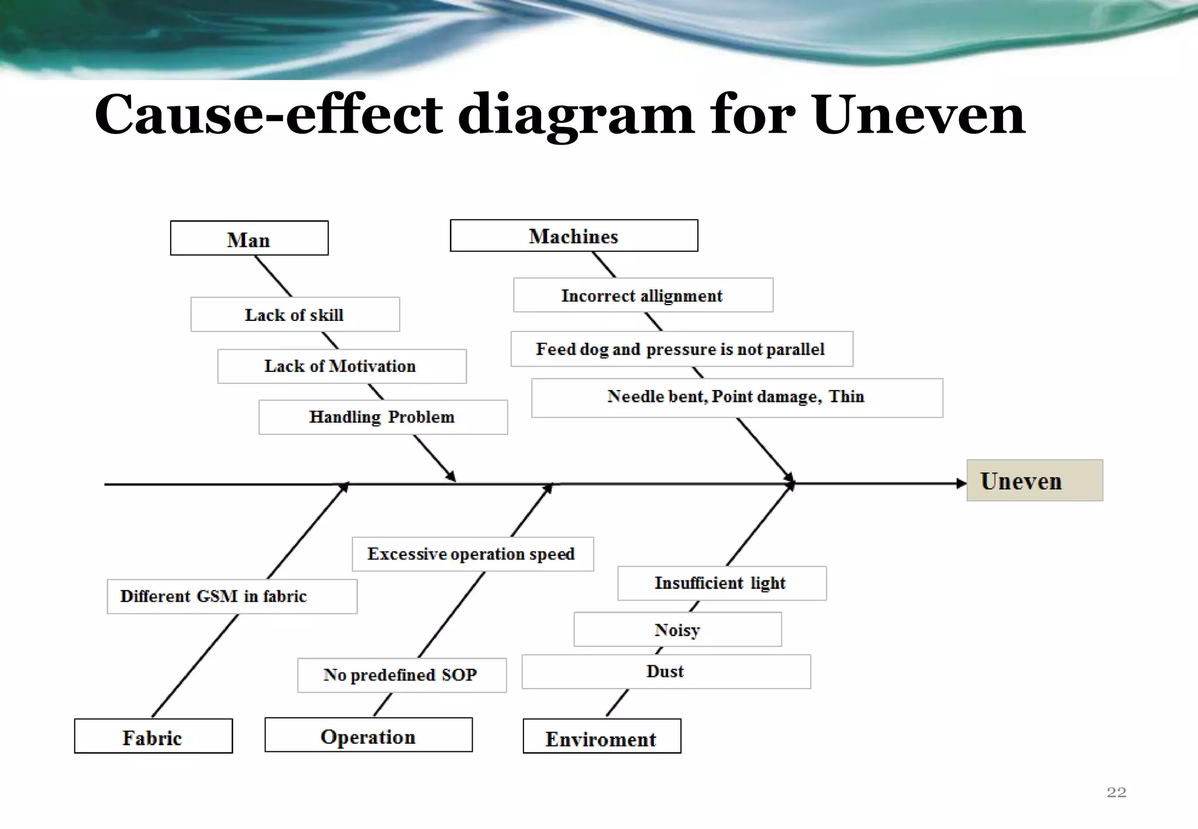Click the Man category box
pos(249,239)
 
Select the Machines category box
pos(573,236)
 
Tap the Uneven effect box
pos(1034,481)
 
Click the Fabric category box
pos(153,737)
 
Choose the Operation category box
pos(369,735)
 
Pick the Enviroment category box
pos(601,737)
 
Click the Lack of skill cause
pos(295,315)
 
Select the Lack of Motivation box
pos(342,367)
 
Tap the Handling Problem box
pos(383,417)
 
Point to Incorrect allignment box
pos(643,295)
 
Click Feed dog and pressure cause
pos(681,349)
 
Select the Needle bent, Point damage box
pos(736,398)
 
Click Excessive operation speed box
pos(472,554)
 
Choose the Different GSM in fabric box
pos(232,596)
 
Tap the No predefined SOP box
pos(401,675)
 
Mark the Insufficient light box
pos(721,583)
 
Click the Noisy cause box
pos(677,630)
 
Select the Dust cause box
pos(666,672)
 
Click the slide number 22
pos(1116,792)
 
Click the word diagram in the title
pos(576,115)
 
